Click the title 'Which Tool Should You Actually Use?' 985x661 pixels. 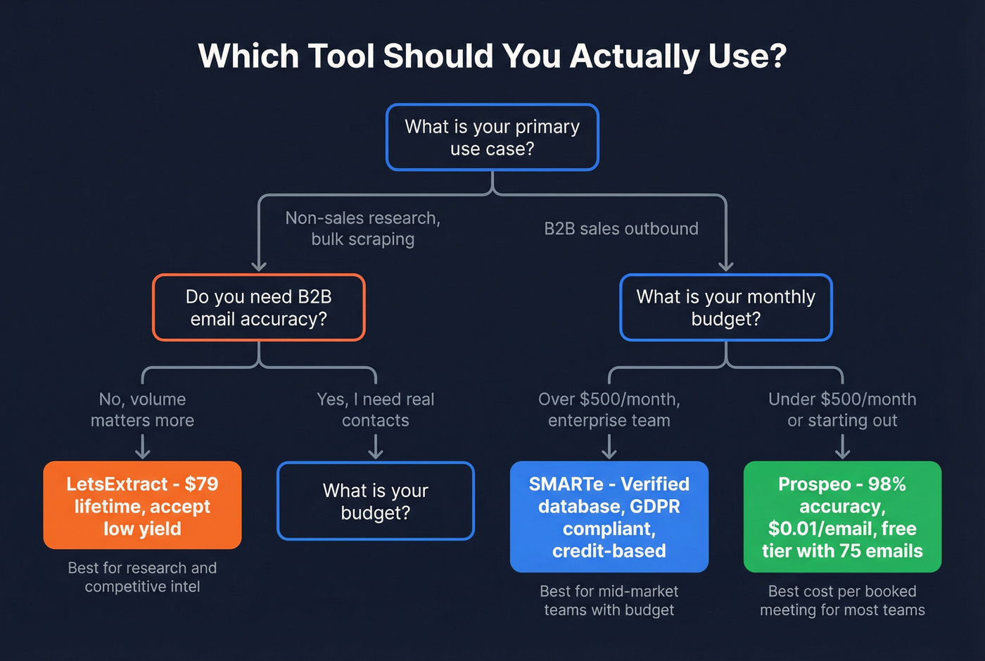click(492, 56)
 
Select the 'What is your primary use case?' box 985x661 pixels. click(492, 137)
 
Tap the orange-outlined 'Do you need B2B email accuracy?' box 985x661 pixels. click(259, 308)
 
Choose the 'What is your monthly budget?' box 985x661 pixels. click(725, 308)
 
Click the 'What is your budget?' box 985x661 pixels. click(376, 501)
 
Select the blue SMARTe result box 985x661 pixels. click(609, 517)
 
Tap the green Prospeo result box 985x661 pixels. click(842, 517)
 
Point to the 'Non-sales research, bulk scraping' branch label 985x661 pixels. click(362, 229)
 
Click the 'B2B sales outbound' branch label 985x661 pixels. click(621, 229)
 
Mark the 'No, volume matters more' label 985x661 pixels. click(142, 410)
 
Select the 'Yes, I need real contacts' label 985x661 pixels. click(376, 410)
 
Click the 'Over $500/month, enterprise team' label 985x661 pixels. click(609, 410)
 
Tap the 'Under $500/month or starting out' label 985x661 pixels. click(842, 410)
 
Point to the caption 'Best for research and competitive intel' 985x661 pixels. click(142, 577)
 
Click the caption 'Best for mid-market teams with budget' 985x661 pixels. click(609, 600)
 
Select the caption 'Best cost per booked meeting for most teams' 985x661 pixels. click(842, 600)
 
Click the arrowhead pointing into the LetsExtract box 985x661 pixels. click(142, 454)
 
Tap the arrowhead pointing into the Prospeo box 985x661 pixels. click(842, 454)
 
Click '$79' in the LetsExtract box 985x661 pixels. click(201, 484)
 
